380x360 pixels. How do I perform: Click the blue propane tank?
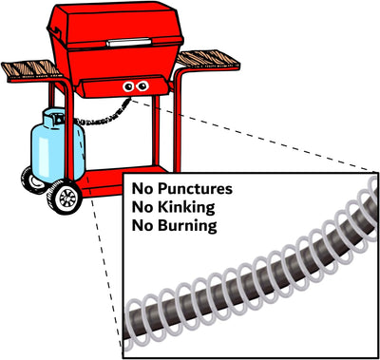point(57,149)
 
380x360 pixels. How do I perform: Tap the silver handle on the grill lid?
point(129,42)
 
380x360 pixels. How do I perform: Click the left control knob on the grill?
point(128,86)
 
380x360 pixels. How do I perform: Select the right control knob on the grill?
point(142,85)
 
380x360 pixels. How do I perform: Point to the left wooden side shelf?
point(30,69)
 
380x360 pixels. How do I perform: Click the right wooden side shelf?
point(207,59)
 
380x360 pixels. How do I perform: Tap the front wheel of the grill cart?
point(65,197)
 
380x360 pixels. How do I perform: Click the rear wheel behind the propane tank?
point(32,180)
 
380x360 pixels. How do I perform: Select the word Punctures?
point(195,189)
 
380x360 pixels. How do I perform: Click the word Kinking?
point(186,207)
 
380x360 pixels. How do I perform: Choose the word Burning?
point(187,226)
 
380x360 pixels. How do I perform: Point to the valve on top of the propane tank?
point(57,117)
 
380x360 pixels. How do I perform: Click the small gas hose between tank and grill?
point(103,116)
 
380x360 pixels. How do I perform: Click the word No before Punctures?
point(142,189)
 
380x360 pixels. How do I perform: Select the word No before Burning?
point(142,226)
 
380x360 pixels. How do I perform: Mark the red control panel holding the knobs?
point(124,86)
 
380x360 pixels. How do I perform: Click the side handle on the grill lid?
point(54,31)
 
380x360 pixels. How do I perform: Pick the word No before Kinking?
point(142,207)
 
